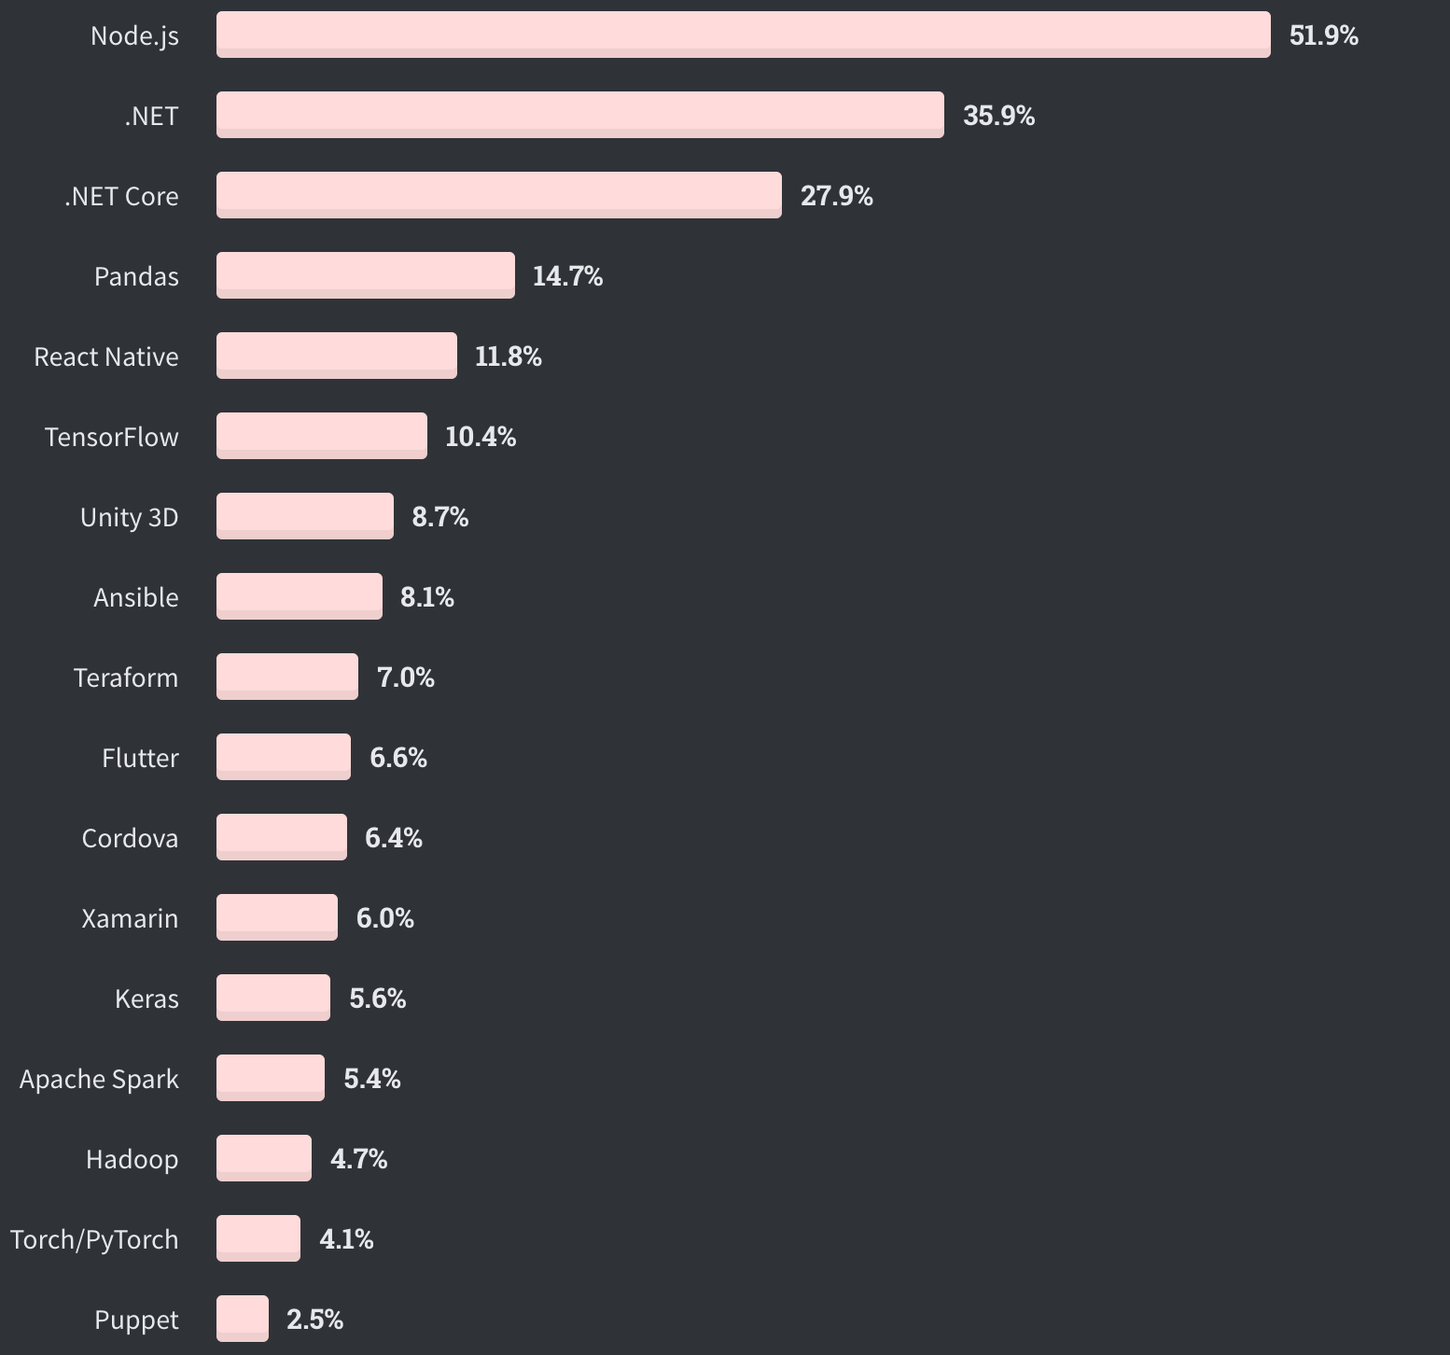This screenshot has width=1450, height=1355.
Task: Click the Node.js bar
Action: click(743, 35)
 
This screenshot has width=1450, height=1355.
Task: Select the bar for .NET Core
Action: click(498, 195)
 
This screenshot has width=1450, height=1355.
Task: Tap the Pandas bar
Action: click(365, 275)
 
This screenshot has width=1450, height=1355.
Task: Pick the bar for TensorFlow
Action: click(321, 436)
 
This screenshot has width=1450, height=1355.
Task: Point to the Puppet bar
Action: click(243, 1319)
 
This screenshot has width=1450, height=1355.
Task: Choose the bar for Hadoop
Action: click(264, 1158)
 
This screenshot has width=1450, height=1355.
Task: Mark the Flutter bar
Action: click(284, 757)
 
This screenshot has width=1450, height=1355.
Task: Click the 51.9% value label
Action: click(1323, 35)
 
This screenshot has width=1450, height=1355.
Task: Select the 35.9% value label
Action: click(998, 116)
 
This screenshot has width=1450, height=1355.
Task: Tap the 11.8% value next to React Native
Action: click(508, 356)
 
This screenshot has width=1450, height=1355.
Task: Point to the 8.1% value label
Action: click(426, 597)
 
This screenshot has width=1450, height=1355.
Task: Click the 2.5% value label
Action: click(314, 1320)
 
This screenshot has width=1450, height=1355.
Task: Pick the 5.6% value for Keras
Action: click(377, 999)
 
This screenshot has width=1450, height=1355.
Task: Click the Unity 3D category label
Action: click(129, 517)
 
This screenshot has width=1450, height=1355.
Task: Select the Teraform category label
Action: click(126, 677)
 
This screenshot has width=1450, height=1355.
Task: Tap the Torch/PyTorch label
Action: click(94, 1239)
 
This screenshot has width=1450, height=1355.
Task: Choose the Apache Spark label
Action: click(99, 1079)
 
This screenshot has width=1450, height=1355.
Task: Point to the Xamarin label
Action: click(130, 918)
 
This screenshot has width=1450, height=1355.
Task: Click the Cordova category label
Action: click(130, 838)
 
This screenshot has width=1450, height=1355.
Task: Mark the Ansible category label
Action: click(135, 597)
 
